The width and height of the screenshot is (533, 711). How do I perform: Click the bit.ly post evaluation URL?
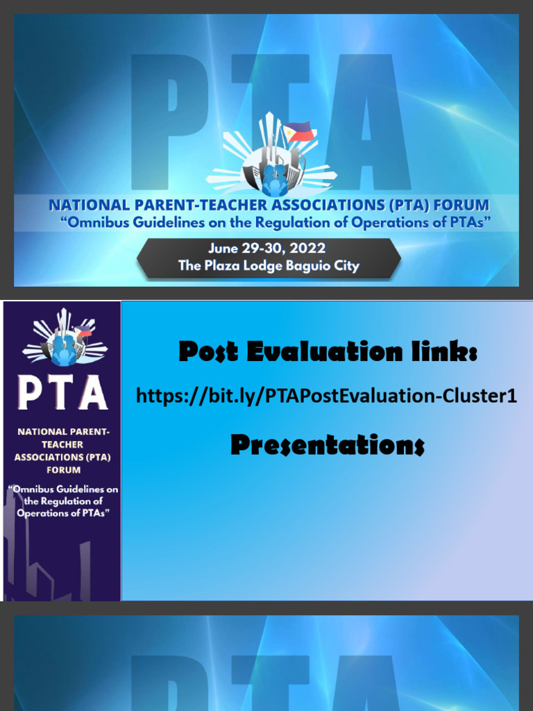pos(326,396)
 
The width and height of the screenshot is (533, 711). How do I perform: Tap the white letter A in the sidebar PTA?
pos(93,393)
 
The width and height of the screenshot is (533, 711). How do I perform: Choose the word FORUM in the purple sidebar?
pos(63,470)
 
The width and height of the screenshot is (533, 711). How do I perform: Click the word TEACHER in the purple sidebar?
pos(63,444)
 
